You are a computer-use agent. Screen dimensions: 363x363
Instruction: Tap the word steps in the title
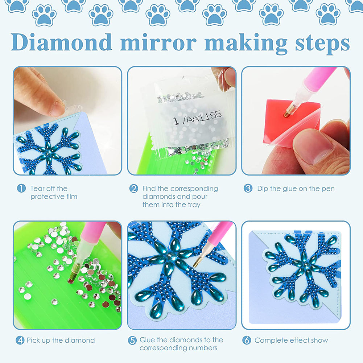(x=322, y=44)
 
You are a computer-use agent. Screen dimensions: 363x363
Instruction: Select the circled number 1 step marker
(x=21, y=189)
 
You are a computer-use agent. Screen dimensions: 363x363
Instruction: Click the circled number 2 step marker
(x=133, y=189)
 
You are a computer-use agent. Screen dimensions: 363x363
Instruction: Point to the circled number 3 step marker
(x=248, y=188)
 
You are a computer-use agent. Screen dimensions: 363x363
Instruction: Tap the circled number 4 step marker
(x=20, y=340)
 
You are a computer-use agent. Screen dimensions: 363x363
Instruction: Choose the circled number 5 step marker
(x=132, y=340)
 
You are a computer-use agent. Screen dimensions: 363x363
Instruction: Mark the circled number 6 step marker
(x=247, y=340)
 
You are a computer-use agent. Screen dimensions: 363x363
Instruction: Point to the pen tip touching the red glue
(x=287, y=114)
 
